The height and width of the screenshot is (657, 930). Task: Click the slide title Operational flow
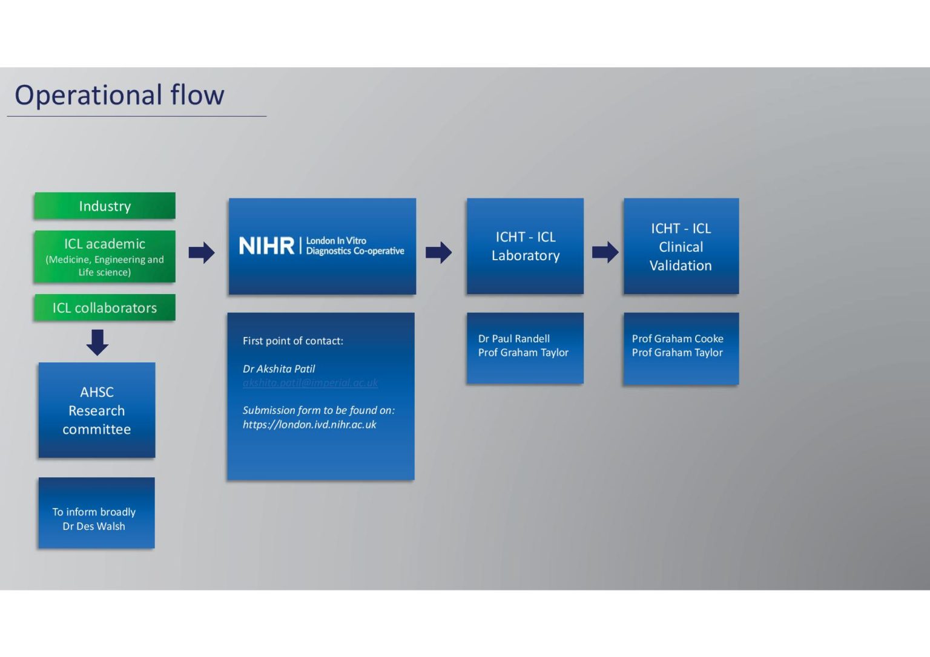[119, 96]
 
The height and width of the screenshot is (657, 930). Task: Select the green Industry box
[105, 206]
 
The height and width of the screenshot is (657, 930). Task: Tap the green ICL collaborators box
[105, 308]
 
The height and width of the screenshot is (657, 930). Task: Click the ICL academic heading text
[105, 244]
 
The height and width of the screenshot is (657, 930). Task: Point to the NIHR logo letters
[266, 246]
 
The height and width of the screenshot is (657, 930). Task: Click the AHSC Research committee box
[97, 410]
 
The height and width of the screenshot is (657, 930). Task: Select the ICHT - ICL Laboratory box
[525, 246]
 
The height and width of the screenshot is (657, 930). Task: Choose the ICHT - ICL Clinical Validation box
[681, 246]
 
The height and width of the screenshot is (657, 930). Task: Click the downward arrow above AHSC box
[97, 342]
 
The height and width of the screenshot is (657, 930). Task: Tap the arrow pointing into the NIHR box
[202, 252]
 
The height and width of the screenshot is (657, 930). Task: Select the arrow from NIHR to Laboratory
[438, 252]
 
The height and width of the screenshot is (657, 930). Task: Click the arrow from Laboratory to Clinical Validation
[605, 252]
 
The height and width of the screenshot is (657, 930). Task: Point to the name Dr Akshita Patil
[279, 369]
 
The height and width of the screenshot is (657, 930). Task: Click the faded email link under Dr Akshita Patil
[310, 383]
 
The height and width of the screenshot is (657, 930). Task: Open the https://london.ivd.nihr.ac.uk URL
[309, 425]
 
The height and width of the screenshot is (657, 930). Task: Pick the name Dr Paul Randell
[514, 339]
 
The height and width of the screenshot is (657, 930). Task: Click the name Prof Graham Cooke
[678, 339]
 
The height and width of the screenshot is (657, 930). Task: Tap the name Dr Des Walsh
[94, 526]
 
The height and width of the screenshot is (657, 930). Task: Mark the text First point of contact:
[293, 341]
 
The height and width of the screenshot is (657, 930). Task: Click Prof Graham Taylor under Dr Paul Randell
[523, 353]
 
